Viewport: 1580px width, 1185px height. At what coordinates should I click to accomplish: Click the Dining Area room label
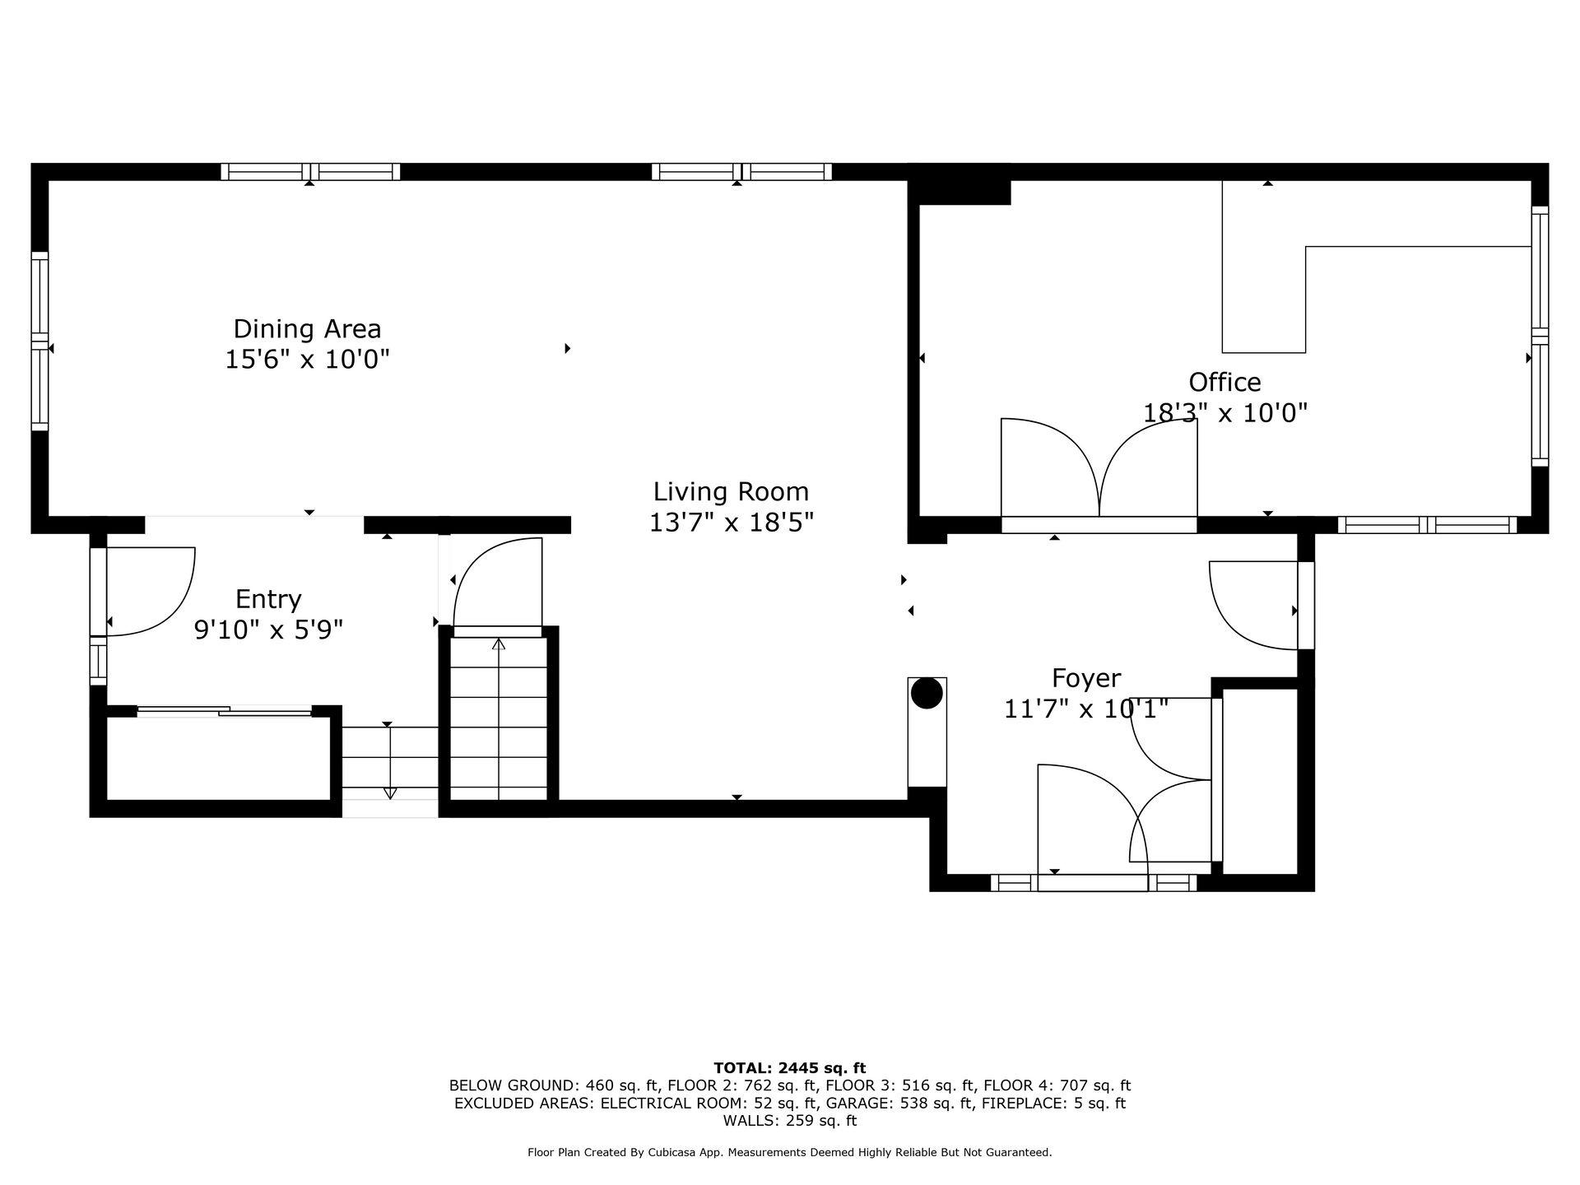(307, 329)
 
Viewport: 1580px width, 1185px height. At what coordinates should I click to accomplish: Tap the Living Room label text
(731, 492)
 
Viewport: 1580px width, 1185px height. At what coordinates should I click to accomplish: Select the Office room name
(1224, 382)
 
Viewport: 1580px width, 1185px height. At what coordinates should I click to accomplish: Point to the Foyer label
(1086, 679)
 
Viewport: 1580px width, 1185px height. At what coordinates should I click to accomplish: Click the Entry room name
(268, 599)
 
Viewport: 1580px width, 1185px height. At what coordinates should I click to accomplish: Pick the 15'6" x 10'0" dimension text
(307, 360)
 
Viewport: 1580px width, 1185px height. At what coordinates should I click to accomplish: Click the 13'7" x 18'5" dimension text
(731, 523)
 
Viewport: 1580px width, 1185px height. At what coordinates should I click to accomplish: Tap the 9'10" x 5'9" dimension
(268, 630)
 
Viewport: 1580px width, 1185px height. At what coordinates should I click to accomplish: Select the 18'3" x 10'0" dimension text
(1224, 412)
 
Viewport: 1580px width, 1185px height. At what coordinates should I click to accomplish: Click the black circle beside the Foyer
(927, 693)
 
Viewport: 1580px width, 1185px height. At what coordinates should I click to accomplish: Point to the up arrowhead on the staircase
(498, 644)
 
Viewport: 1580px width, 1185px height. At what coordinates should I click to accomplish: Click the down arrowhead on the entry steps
(390, 793)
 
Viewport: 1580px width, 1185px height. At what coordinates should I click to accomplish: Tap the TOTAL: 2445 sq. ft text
(789, 1068)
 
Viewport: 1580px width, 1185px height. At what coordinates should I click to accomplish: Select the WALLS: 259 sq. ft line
(789, 1121)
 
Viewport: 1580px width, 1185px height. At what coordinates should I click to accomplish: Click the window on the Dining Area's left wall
(39, 341)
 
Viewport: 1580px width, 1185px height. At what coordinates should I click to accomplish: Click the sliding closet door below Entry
(224, 711)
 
